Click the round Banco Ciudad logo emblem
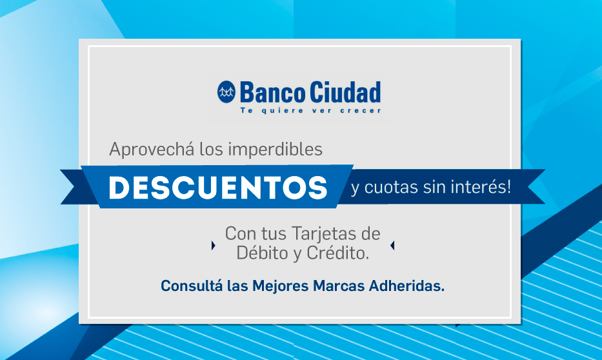tap(226, 92)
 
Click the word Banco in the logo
tap(272, 92)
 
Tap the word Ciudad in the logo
tap(345, 92)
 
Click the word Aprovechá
tap(151, 149)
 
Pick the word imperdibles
tap(276, 149)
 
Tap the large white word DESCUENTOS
tap(217, 188)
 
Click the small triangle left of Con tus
tap(214, 245)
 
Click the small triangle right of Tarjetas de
tap(392, 245)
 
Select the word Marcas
tap(339, 286)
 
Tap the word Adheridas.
tap(406, 286)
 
